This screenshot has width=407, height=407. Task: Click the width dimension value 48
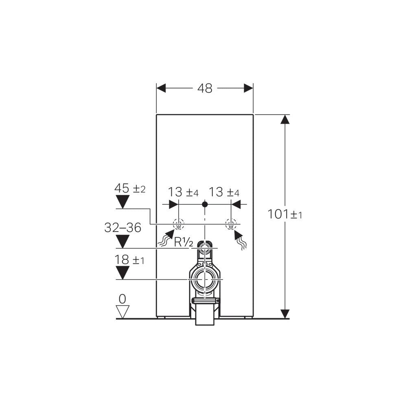(205, 88)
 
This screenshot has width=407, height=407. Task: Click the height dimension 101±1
(285, 214)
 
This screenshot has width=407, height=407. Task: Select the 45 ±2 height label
(130, 188)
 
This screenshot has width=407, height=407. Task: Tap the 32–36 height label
(123, 228)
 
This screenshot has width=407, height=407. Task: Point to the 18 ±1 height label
(129, 260)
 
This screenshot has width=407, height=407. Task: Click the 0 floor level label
(122, 299)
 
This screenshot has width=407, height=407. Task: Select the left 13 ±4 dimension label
(183, 192)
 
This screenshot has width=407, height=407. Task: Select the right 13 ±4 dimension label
(224, 192)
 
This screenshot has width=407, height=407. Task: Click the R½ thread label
(184, 243)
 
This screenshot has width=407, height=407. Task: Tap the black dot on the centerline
(205, 204)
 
